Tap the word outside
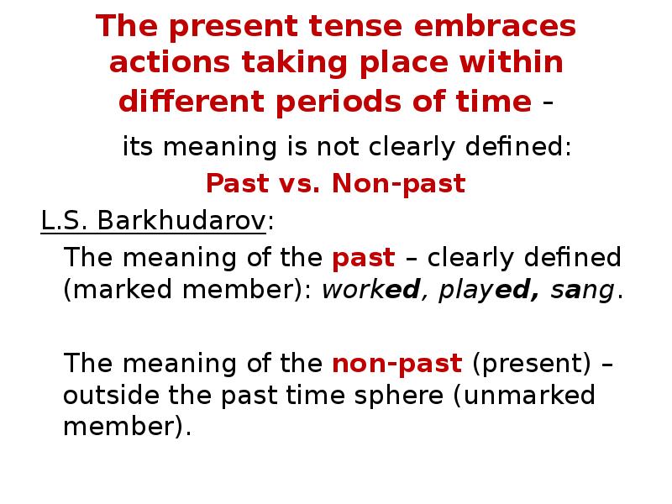(x=108, y=395)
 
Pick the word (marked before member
(x=111, y=291)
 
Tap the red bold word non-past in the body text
(x=397, y=364)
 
